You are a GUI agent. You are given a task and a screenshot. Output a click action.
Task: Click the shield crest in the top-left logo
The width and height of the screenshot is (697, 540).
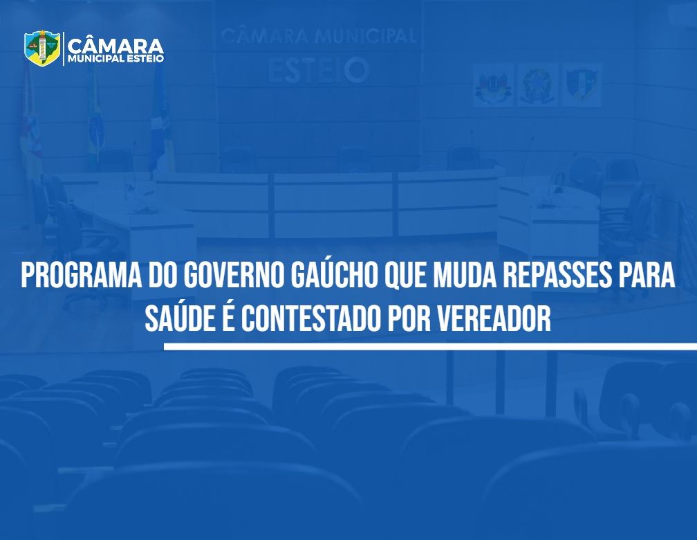(x=42, y=48)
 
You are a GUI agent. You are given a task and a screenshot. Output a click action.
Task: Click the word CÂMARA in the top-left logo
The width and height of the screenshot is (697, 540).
(x=116, y=46)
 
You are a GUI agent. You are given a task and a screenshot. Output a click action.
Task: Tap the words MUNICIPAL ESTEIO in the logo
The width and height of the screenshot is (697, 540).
(x=116, y=59)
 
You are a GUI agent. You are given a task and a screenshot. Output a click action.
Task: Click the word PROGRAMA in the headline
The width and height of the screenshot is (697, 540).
(x=82, y=276)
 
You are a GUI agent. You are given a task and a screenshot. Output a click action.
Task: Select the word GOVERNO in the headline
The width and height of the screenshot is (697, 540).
(x=234, y=276)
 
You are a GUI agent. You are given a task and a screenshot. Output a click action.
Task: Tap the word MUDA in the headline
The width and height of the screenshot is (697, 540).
(x=465, y=276)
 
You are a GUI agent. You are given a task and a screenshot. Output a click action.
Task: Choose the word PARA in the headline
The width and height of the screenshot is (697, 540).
(x=647, y=276)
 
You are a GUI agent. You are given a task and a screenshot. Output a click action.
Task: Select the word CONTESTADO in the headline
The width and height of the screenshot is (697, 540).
(x=311, y=318)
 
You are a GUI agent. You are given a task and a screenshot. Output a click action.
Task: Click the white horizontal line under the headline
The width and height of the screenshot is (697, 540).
(x=430, y=347)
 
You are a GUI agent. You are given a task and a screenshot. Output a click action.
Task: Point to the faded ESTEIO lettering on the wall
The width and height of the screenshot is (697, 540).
(x=319, y=71)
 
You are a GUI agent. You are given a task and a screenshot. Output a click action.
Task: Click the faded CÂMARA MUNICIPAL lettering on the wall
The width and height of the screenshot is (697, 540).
(x=318, y=36)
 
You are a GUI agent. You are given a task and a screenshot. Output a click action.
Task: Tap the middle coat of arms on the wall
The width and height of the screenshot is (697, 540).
(x=537, y=85)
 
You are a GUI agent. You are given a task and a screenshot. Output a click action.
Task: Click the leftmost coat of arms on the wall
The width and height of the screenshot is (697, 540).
(x=493, y=85)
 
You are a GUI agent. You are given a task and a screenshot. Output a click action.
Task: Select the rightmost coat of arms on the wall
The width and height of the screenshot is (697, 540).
(x=582, y=85)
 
